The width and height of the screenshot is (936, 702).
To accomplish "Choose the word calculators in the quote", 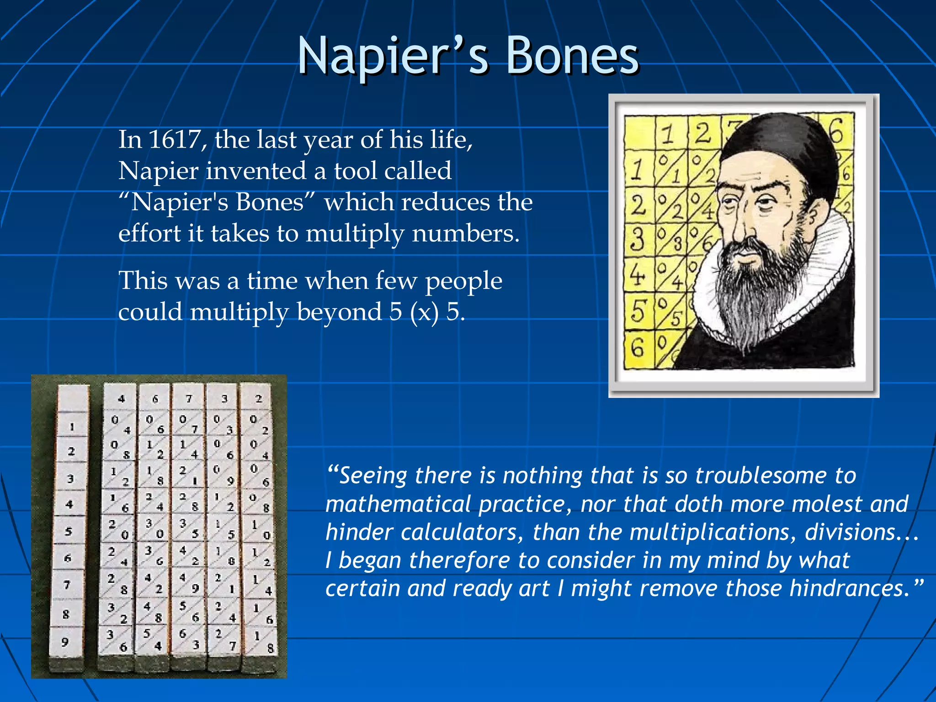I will tap(462, 532).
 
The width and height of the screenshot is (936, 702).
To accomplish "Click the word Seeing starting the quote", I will tap(372, 476).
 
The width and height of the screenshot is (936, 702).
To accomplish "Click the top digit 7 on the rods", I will tap(189, 399).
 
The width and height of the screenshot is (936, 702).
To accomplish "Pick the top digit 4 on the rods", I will tap(121, 399).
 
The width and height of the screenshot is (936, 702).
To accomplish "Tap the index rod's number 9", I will tap(65, 642).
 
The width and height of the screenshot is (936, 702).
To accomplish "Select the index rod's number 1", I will tap(72, 427).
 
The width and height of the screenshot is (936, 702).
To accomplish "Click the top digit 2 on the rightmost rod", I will tap(259, 399).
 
